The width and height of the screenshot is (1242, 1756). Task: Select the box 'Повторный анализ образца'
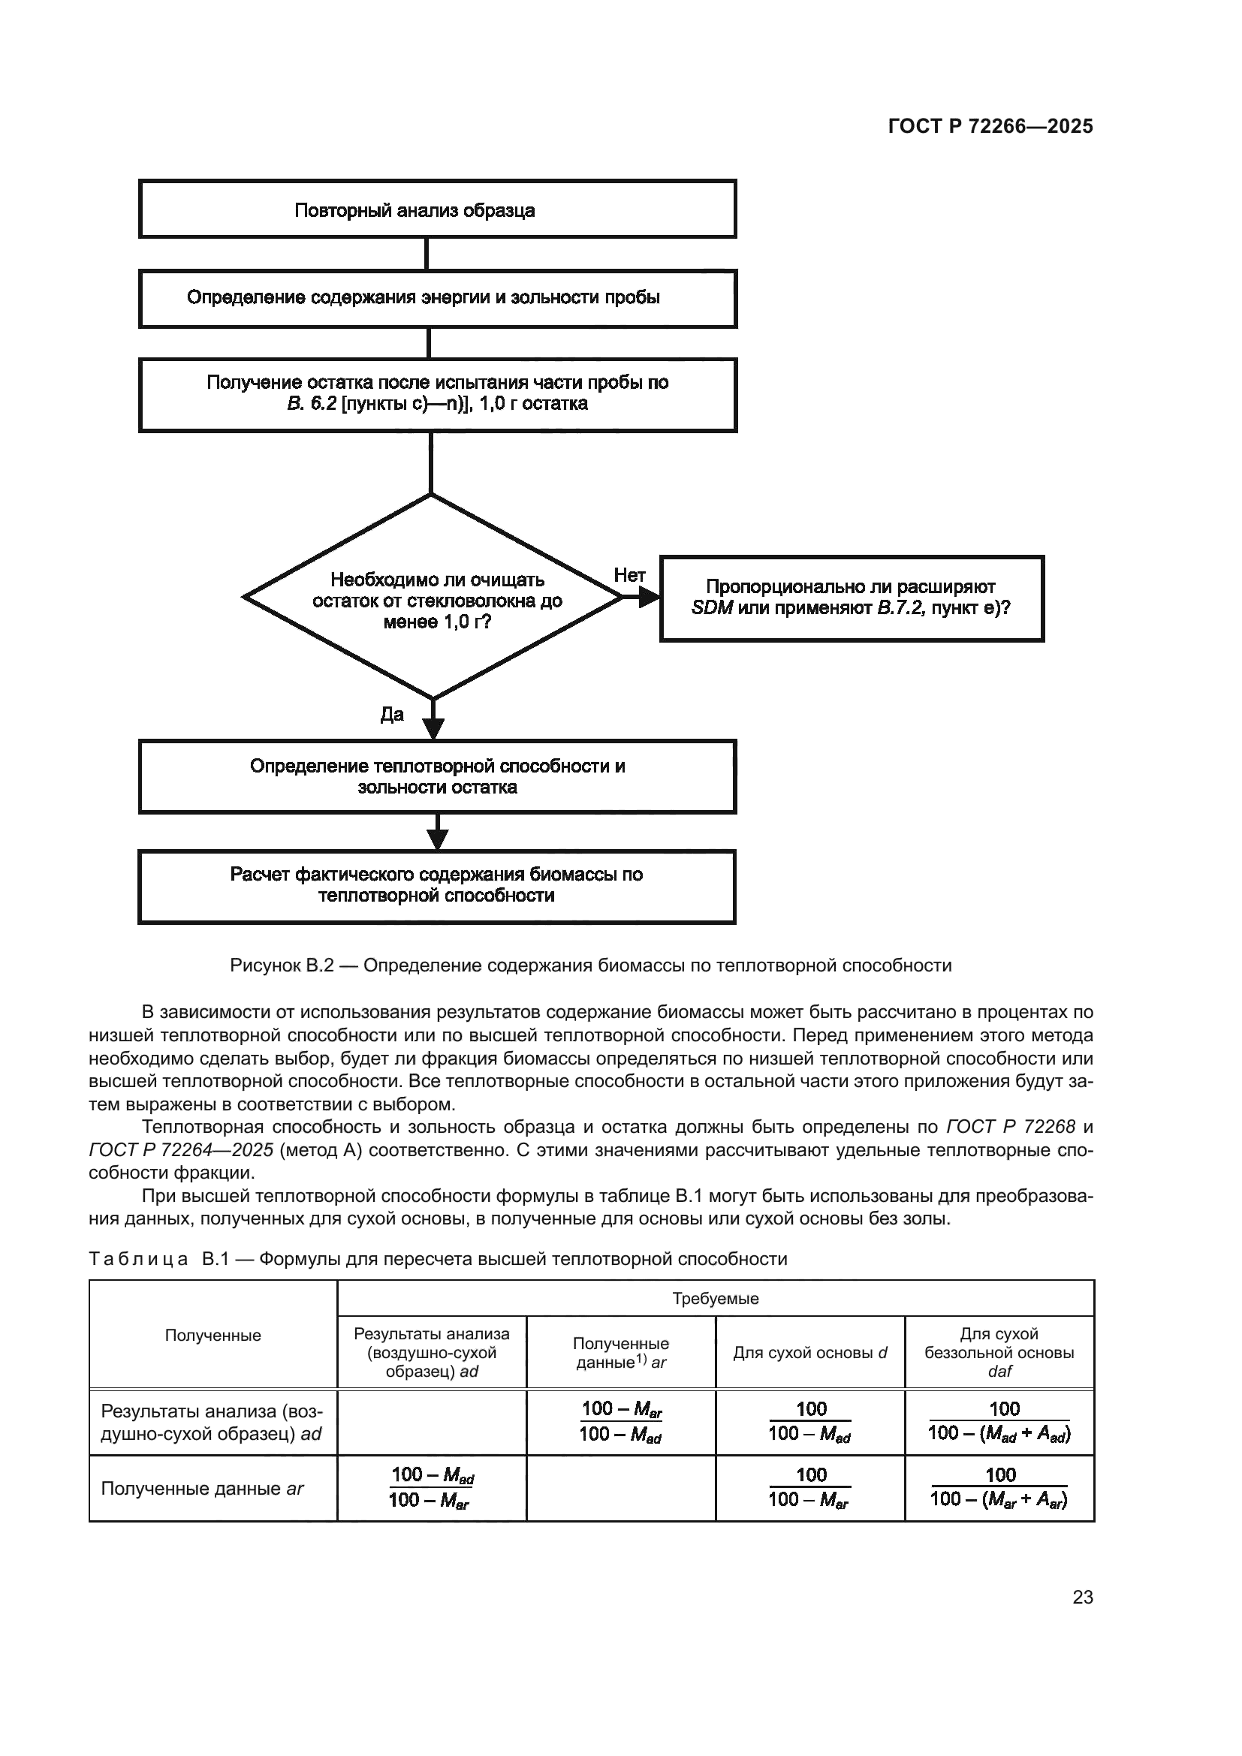tap(437, 209)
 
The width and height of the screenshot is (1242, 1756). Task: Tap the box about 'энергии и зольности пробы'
tap(437, 298)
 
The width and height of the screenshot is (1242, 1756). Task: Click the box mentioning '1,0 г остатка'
tap(437, 395)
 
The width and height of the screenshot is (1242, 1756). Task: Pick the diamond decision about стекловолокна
tap(433, 598)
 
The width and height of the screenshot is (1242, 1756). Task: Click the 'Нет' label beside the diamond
tap(629, 575)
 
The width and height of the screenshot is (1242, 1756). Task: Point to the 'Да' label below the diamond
tap(391, 714)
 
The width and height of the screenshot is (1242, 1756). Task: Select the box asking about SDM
tap(852, 598)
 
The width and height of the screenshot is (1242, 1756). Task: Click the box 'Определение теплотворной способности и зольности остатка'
tap(437, 776)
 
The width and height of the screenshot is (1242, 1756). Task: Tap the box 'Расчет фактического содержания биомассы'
tap(437, 886)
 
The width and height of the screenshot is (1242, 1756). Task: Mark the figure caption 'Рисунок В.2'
tap(590, 966)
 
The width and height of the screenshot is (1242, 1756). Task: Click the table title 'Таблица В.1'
tap(438, 1259)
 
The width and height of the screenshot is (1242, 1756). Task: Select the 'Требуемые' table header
tap(715, 1299)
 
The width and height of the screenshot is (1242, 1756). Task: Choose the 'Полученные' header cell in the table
tap(213, 1336)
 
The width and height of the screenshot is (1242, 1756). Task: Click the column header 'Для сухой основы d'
tap(810, 1352)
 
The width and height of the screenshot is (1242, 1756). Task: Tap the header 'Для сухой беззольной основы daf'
tap(999, 1352)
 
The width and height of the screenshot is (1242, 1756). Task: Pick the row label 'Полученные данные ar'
tap(203, 1489)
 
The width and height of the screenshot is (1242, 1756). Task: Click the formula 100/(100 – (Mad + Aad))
tap(999, 1422)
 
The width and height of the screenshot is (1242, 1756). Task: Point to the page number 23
tap(1082, 1598)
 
